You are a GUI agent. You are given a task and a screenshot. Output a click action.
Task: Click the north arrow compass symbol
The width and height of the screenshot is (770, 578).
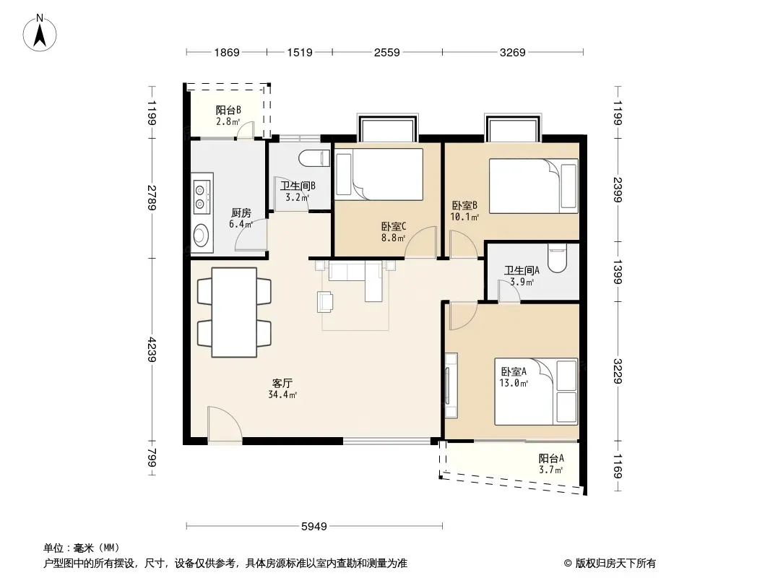40,33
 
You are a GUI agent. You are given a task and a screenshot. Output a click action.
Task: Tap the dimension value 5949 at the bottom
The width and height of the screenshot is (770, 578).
313,527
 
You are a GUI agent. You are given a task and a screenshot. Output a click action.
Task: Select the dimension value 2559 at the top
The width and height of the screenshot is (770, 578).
387,52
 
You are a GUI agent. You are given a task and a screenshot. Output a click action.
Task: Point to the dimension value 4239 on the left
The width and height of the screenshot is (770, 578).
152,349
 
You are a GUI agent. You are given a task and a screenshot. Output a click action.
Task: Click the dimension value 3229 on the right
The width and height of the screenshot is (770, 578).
618,371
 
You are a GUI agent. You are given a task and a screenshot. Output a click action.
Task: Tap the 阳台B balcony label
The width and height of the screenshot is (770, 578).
228,111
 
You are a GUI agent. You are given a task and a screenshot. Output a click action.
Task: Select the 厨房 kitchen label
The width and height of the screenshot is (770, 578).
241,212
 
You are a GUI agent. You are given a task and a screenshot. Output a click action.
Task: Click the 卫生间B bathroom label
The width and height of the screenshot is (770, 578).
298,186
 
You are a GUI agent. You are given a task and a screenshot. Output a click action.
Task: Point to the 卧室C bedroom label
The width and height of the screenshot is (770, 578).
394,226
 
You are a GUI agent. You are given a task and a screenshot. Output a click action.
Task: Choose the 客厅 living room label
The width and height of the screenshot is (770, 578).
282,383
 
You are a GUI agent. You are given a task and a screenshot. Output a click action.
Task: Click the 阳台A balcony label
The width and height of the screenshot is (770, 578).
551,458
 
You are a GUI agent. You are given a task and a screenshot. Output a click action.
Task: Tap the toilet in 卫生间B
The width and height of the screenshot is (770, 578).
314,158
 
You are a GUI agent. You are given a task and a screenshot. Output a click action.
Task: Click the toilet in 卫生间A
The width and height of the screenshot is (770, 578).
557,258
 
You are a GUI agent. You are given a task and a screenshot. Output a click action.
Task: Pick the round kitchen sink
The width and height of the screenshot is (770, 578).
201,234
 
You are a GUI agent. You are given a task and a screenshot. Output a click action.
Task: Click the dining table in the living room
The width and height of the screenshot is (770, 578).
234,312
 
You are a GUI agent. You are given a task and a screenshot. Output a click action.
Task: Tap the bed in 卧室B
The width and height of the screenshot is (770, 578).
533,186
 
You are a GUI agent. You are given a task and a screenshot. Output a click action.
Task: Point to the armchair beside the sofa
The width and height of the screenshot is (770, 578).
325,301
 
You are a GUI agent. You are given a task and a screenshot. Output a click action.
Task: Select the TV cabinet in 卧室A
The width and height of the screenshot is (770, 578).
451,386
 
